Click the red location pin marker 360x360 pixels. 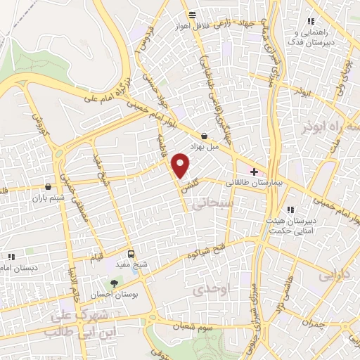point(181,166)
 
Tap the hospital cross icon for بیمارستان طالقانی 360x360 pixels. point(253,171)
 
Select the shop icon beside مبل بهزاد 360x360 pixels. point(204,136)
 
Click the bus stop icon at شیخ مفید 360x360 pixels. point(131,254)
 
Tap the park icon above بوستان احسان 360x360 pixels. point(115,283)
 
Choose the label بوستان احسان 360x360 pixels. point(115,296)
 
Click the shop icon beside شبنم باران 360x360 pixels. point(48,187)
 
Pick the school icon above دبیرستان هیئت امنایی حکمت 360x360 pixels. point(290,210)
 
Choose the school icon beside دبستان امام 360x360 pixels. point(10,257)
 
